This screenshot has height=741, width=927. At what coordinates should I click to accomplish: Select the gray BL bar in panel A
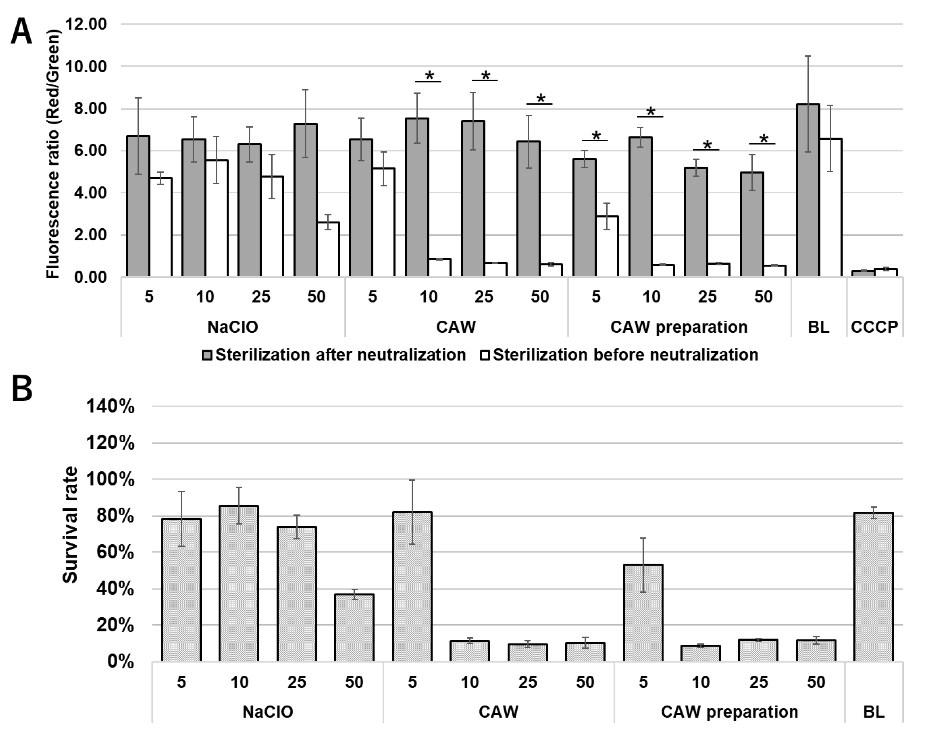coord(808,191)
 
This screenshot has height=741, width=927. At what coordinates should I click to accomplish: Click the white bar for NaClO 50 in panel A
coord(328,249)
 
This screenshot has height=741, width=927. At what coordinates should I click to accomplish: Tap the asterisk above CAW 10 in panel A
coord(429,76)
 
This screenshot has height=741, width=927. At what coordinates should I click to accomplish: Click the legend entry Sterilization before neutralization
coord(619,355)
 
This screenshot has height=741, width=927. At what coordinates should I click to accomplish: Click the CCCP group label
coord(874,327)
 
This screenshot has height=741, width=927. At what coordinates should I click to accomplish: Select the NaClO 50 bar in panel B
coord(354,627)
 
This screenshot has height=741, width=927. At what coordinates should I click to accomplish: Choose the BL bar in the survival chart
coord(873,587)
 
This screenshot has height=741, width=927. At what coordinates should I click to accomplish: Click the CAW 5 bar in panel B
coord(412,587)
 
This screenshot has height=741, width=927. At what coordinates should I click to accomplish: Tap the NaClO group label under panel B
coord(268,712)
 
